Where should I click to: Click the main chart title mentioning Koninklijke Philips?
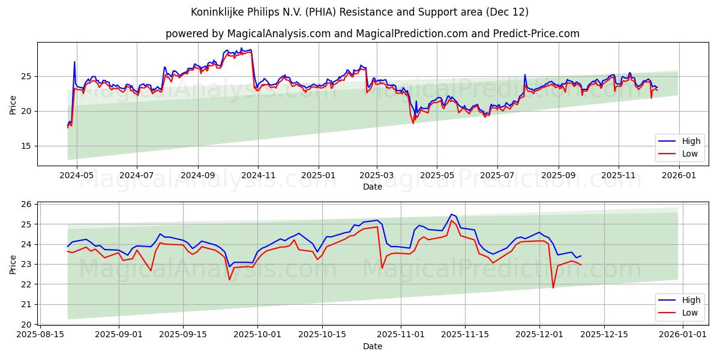pyautogui.click(x=359, y=12)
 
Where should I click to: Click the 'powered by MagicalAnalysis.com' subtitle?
pyautogui.click(x=372, y=34)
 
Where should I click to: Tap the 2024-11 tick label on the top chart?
pyautogui.click(x=258, y=175)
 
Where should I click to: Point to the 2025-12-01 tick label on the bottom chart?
pyautogui.click(x=539, y=334)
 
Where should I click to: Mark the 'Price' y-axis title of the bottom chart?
pyautogui.click(x=13, y=264)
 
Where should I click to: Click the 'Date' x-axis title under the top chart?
pyautogui.click(x=372, y=187)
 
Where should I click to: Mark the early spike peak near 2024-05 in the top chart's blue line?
pyautogui.click(x=74, y=62)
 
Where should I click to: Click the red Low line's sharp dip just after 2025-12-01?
pyautogui.click(x=553, y=287)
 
